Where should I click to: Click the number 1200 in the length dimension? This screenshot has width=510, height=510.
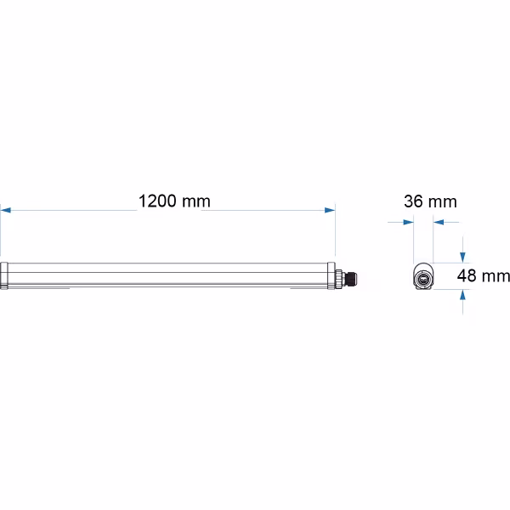coord(156,201)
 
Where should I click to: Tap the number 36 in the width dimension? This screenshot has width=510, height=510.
coord(414,201)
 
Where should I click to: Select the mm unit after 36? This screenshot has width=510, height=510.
coord(442,201)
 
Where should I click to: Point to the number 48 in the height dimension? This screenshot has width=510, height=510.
coord(467,275)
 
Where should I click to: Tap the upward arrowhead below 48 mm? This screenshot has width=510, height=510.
coord(462,295)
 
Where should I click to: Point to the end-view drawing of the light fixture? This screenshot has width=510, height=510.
coord(422,276)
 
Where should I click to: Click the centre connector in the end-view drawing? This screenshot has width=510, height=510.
coord(422,277)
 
